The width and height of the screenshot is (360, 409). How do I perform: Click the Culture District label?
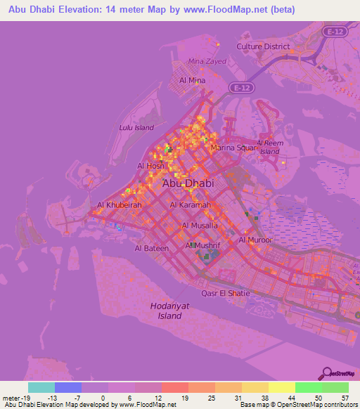pos(263,46)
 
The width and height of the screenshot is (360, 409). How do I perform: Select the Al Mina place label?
pos(192,80)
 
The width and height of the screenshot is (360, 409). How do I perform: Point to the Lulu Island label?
pos(136,128)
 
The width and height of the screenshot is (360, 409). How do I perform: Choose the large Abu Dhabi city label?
pos(188,183)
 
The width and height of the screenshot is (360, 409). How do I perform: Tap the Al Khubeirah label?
pos(120,205)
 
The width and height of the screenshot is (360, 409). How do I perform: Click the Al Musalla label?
pos(200,225)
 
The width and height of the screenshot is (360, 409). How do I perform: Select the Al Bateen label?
pos(150,248)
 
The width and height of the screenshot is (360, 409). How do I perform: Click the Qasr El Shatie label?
pos(225,292)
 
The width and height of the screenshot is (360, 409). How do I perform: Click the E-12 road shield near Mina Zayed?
pos(241,87)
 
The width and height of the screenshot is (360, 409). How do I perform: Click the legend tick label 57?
pos(345,397)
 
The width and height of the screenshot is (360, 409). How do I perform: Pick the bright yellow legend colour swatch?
pos(281,387)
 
